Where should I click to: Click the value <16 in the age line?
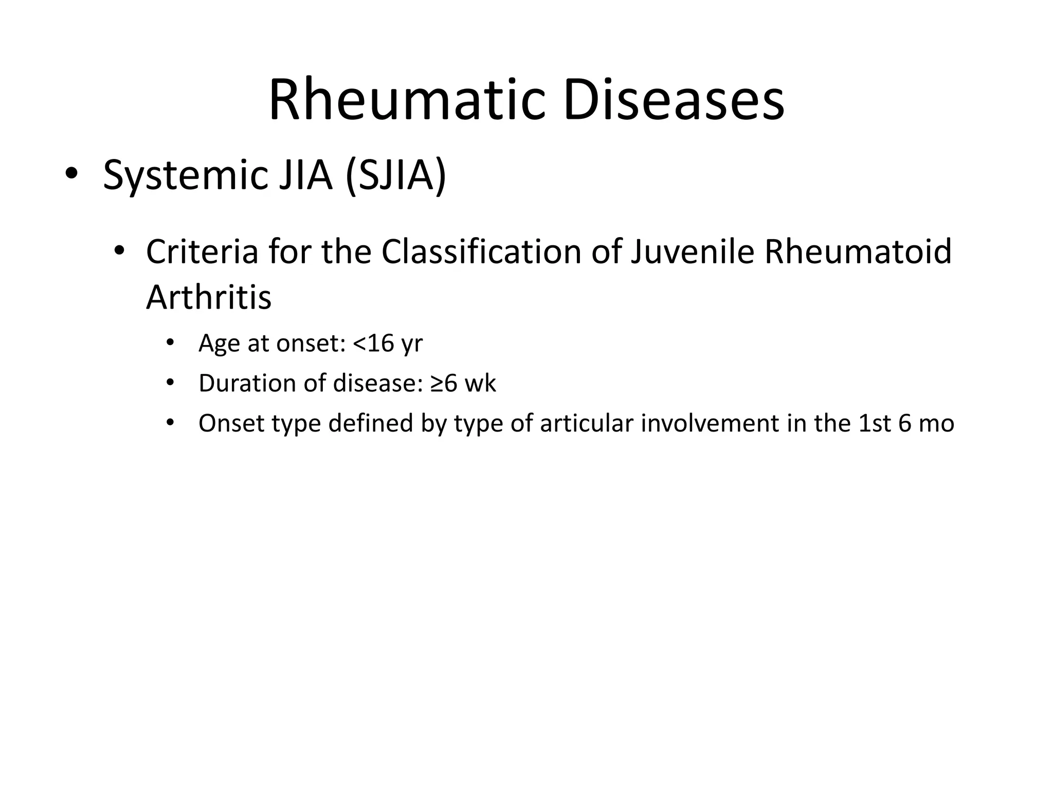tap(374, 343)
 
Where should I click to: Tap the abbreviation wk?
tap(480, 383)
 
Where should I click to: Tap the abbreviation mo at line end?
tap(939, 423)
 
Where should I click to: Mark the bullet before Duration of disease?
tap(170, 383)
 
